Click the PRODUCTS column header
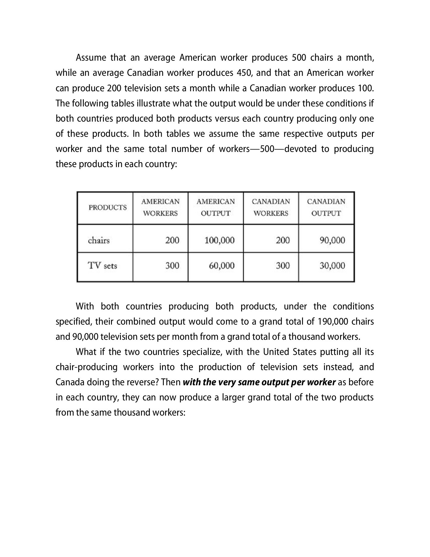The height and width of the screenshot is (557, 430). (108, 207)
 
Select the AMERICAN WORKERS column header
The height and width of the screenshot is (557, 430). (160, 207)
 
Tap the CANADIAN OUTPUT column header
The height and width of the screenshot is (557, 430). (326, 207)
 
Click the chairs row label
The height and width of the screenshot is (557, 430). (99, 240)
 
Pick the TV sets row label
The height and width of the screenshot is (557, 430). (102, 266)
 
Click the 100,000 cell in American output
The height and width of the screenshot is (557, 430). (219, 240)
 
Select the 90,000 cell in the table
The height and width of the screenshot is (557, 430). (332, 240)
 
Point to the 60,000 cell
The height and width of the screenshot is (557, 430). (222, 266)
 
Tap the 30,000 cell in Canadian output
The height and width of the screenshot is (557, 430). (332, 266)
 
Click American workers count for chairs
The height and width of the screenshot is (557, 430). (172, 240)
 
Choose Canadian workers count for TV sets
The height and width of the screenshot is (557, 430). (283, 266)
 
